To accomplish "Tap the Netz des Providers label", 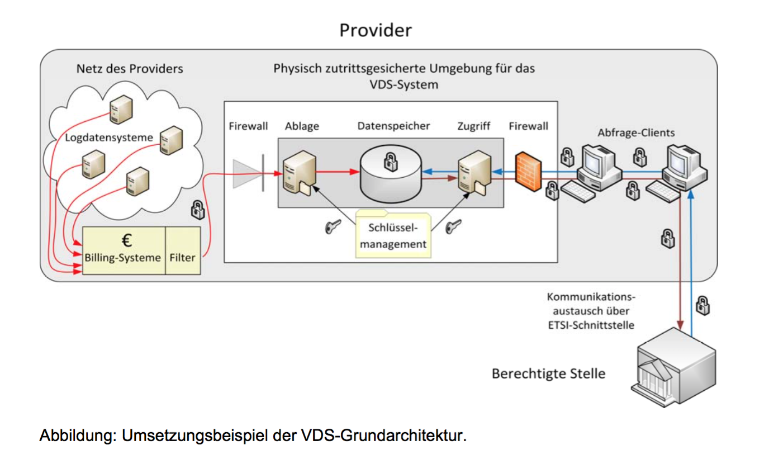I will click(x=130, y=69).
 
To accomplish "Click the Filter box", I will click(x=183, y=258).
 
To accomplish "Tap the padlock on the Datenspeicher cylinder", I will click(x=388, y=162).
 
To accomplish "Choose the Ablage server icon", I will click(x=296, y=173).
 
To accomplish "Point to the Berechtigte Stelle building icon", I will click(x=676, y=366).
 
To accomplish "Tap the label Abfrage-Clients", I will click(x=636, y=133).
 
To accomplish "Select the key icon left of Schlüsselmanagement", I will click(x=333, y=226).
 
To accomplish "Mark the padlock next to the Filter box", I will click(x=197, y=210).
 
